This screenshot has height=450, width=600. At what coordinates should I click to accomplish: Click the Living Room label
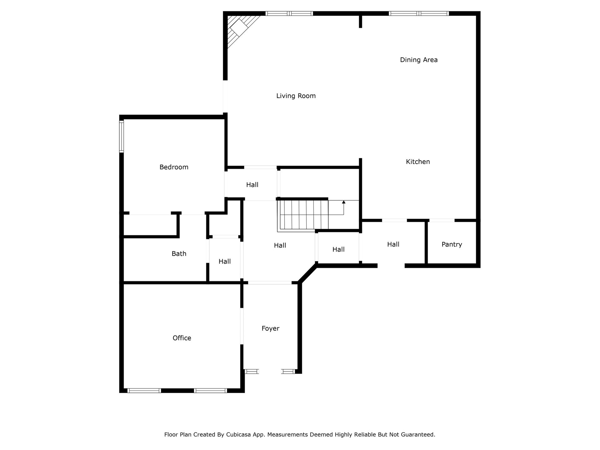tap(296, 96)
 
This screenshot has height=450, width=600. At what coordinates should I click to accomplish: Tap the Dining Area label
tap(419, 60)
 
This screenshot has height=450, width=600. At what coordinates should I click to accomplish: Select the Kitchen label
tap(418, 162)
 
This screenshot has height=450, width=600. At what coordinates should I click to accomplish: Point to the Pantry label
tap(452, 244)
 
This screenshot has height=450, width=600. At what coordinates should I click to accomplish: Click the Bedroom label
tap(174, 167)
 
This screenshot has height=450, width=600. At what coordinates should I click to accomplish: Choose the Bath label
tap(179, 254)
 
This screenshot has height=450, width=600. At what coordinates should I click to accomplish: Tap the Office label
tap(182, 338)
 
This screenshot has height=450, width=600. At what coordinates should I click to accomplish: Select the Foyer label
tap(270, 328)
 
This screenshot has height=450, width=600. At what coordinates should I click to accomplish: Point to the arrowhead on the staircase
tap(344, 202)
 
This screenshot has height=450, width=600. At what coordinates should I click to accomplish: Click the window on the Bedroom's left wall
tap(122, 136)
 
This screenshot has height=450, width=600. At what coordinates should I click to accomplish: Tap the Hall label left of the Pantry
tap(393, 244)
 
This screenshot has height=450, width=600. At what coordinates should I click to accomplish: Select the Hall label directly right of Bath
tap(224, 261)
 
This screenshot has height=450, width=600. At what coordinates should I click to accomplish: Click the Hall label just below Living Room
tap(252, 185)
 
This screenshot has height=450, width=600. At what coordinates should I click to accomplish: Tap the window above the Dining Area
tap(419, 13)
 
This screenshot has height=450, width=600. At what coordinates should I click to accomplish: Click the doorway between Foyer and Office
tap(242, 326)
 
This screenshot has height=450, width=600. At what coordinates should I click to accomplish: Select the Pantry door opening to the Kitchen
tap(442, 220)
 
